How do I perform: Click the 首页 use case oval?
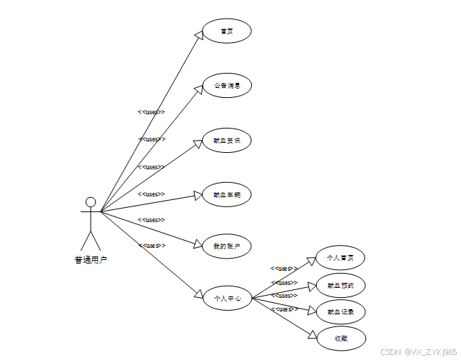point(227,31)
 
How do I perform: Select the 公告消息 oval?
point(227,86)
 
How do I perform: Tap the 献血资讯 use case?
point(227,140)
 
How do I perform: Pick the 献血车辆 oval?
point(227,194)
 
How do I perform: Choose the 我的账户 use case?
point(227,246)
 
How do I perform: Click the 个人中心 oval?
point(227,299)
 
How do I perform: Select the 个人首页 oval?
point(340,258)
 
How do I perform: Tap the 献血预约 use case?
point(340,285)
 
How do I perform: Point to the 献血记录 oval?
point(340,311)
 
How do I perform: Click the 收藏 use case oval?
point(340,338)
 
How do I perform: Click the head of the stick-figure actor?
point(91,201)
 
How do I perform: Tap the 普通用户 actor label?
point(91,260)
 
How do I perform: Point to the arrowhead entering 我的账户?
point(198,244)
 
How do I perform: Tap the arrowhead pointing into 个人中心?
point(199,293)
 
